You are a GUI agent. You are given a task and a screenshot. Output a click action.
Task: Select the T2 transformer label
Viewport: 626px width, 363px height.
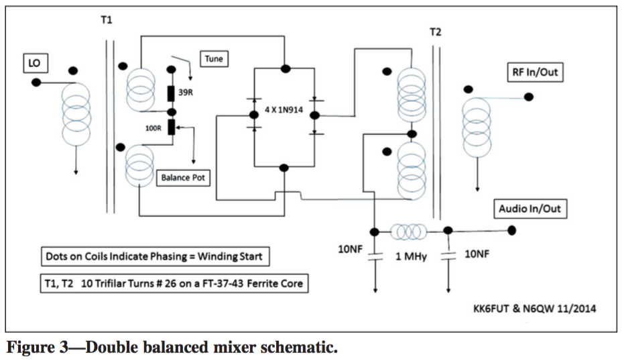(436, 32)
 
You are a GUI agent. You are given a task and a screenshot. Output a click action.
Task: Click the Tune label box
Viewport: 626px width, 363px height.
(214, 59)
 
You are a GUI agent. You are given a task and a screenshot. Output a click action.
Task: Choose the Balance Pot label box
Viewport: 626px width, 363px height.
(184, 178)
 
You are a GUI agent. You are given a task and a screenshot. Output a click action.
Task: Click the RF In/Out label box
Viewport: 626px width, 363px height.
(534, 72)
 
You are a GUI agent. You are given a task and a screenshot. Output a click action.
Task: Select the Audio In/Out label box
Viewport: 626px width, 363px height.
(529, 209)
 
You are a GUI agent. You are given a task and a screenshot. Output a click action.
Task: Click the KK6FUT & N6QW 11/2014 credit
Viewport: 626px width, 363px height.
(534, 309)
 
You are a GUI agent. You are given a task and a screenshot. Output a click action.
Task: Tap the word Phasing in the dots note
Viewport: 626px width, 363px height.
(175, 257)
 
